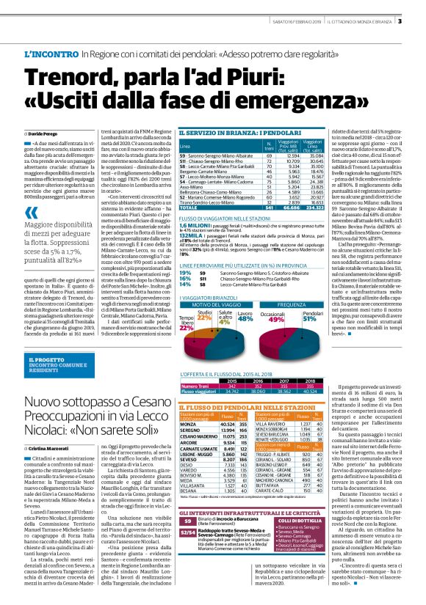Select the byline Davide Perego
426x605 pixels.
point(46,135)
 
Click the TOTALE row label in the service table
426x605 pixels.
point(190,208)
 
